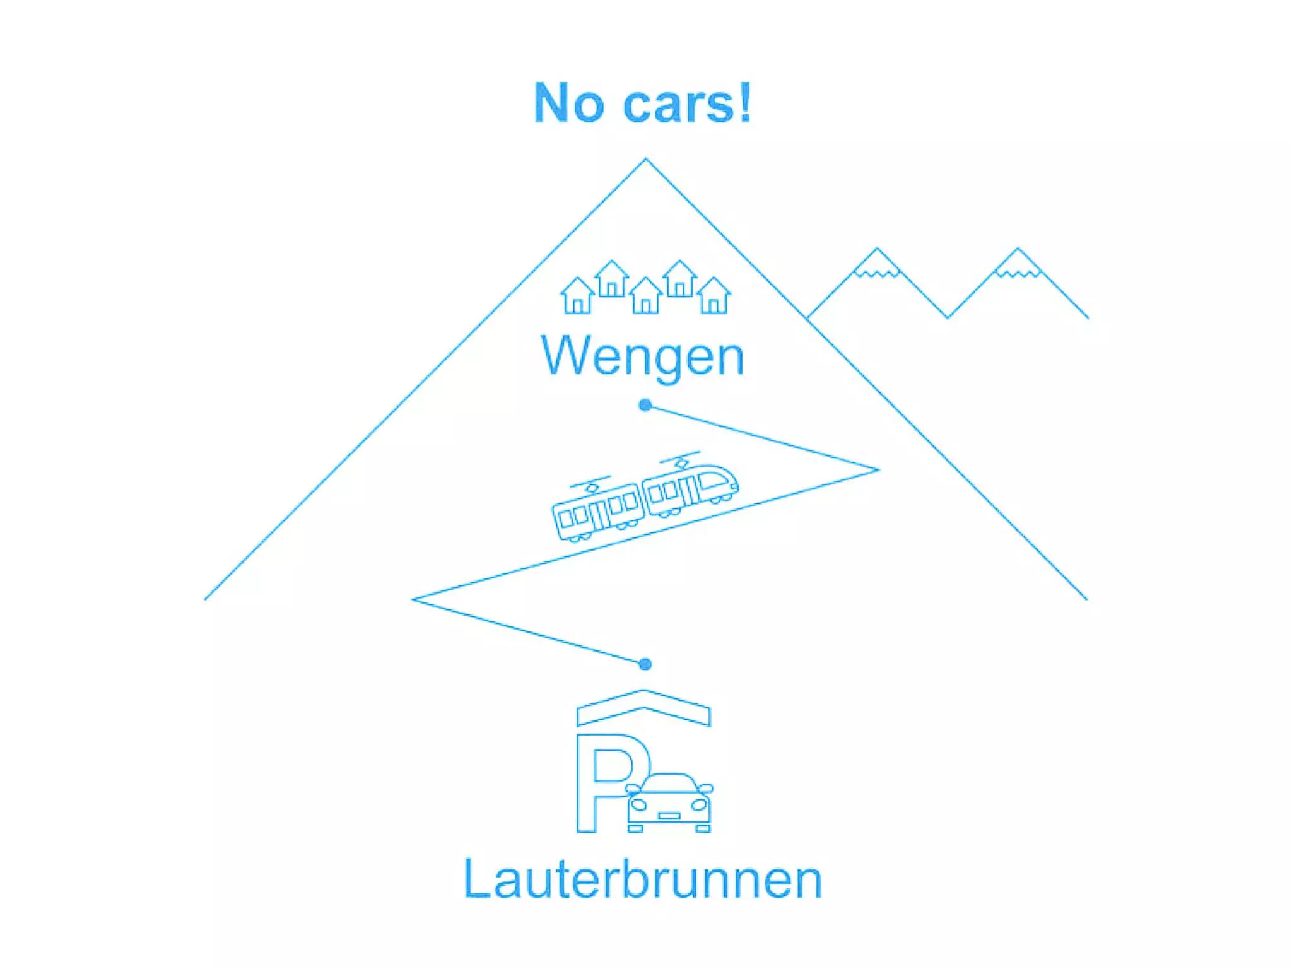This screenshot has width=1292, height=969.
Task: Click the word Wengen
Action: (x=642, y=357)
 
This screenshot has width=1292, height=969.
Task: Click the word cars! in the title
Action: (x=687, y=103)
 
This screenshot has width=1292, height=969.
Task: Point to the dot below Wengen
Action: (x=645, y=405)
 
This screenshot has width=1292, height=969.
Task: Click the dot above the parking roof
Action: (x=645, y=664)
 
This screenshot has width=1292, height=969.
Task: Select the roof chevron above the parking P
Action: (x=643, y=707)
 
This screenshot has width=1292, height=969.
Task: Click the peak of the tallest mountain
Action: (x=645, y=160)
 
